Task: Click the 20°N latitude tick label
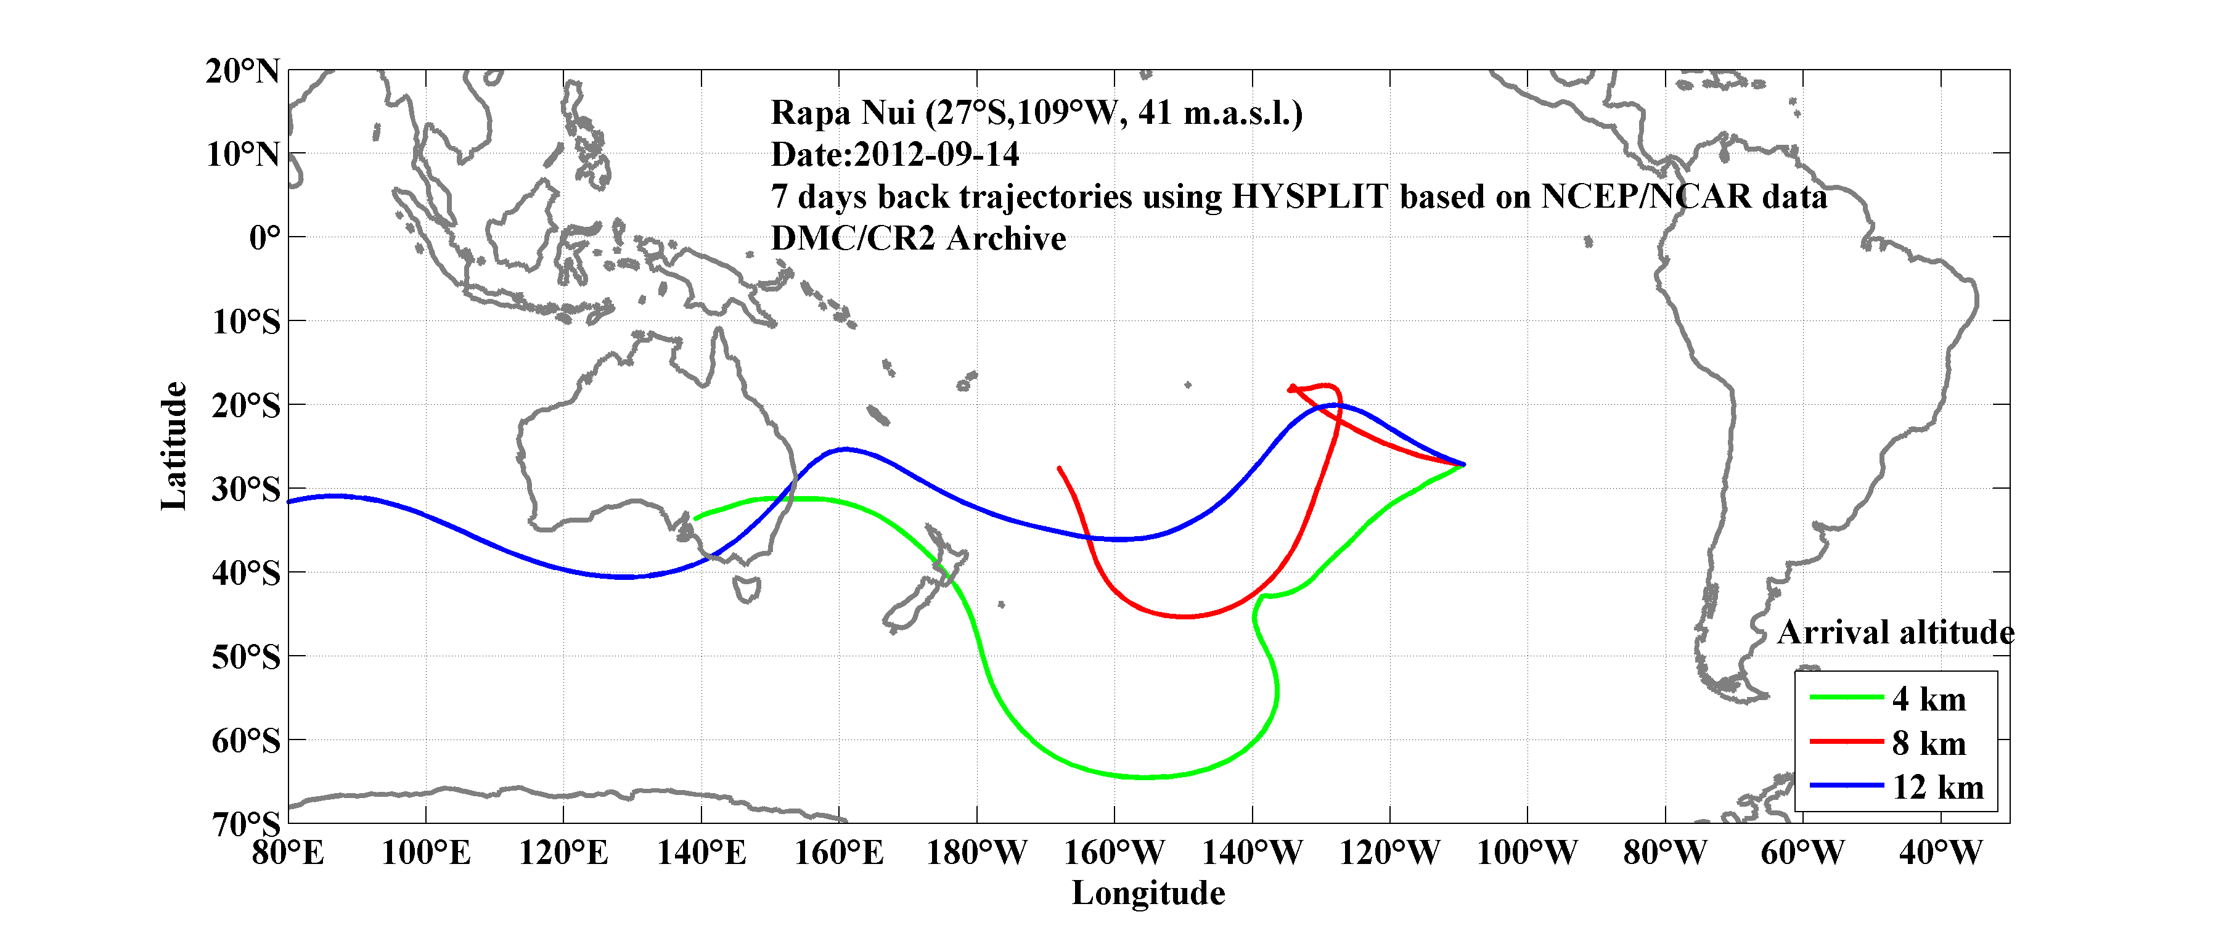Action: [242, 71]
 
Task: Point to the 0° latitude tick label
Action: [264, 238]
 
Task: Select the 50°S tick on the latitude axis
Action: [246, 658]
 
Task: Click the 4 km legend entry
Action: [1929, 699]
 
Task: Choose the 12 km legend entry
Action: [1937, 787]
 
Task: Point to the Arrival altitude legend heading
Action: [1895, 633]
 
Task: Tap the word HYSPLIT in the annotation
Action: [1309, 197]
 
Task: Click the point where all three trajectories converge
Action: [1463, 465]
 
